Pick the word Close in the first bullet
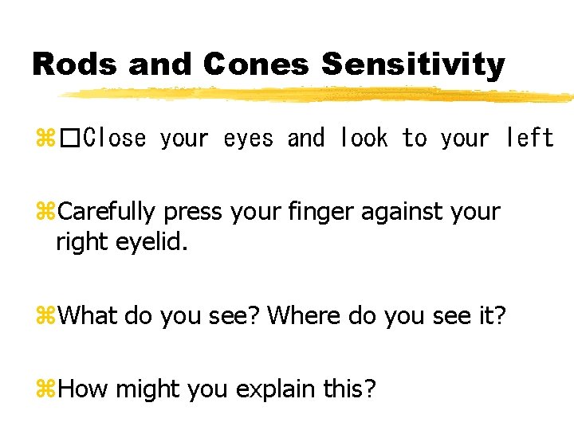[x=115, y=139]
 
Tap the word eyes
[x=248, y=139]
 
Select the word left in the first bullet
[x=529, y=139]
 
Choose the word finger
[x=317, y=213]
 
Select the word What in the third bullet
[x=88, y=316]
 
